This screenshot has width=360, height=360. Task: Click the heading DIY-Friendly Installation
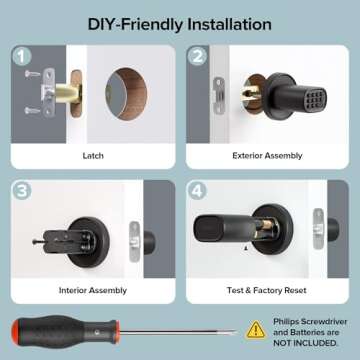179,21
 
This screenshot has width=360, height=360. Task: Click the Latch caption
93,156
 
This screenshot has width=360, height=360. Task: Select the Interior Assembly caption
93,291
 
